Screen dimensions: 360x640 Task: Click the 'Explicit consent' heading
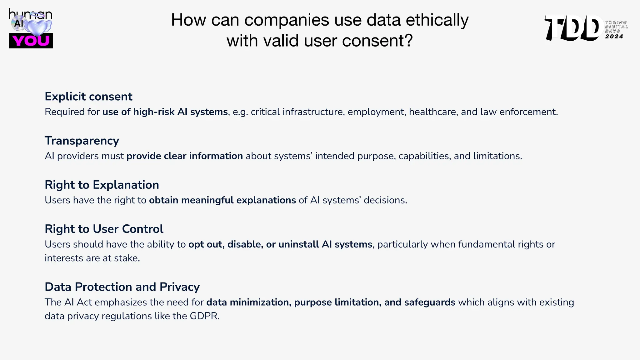[88, 97]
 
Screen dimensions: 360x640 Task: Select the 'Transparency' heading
[82, 141]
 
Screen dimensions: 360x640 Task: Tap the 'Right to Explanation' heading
[102, 185]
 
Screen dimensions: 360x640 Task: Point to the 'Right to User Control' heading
[104, 229]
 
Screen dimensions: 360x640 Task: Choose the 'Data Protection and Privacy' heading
[122, 287]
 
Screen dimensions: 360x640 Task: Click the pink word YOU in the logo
[31, 41]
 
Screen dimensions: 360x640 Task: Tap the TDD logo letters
[574, 28]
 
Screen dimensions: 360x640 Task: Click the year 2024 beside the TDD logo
[614, 37]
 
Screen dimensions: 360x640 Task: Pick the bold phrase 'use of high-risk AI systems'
[165, 112]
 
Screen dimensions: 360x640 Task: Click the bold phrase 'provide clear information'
[185, 156]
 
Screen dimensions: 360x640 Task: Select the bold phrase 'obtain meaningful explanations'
[222, 200]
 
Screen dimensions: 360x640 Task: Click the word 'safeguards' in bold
[429, 302]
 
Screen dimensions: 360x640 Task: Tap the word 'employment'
[375, 112]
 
